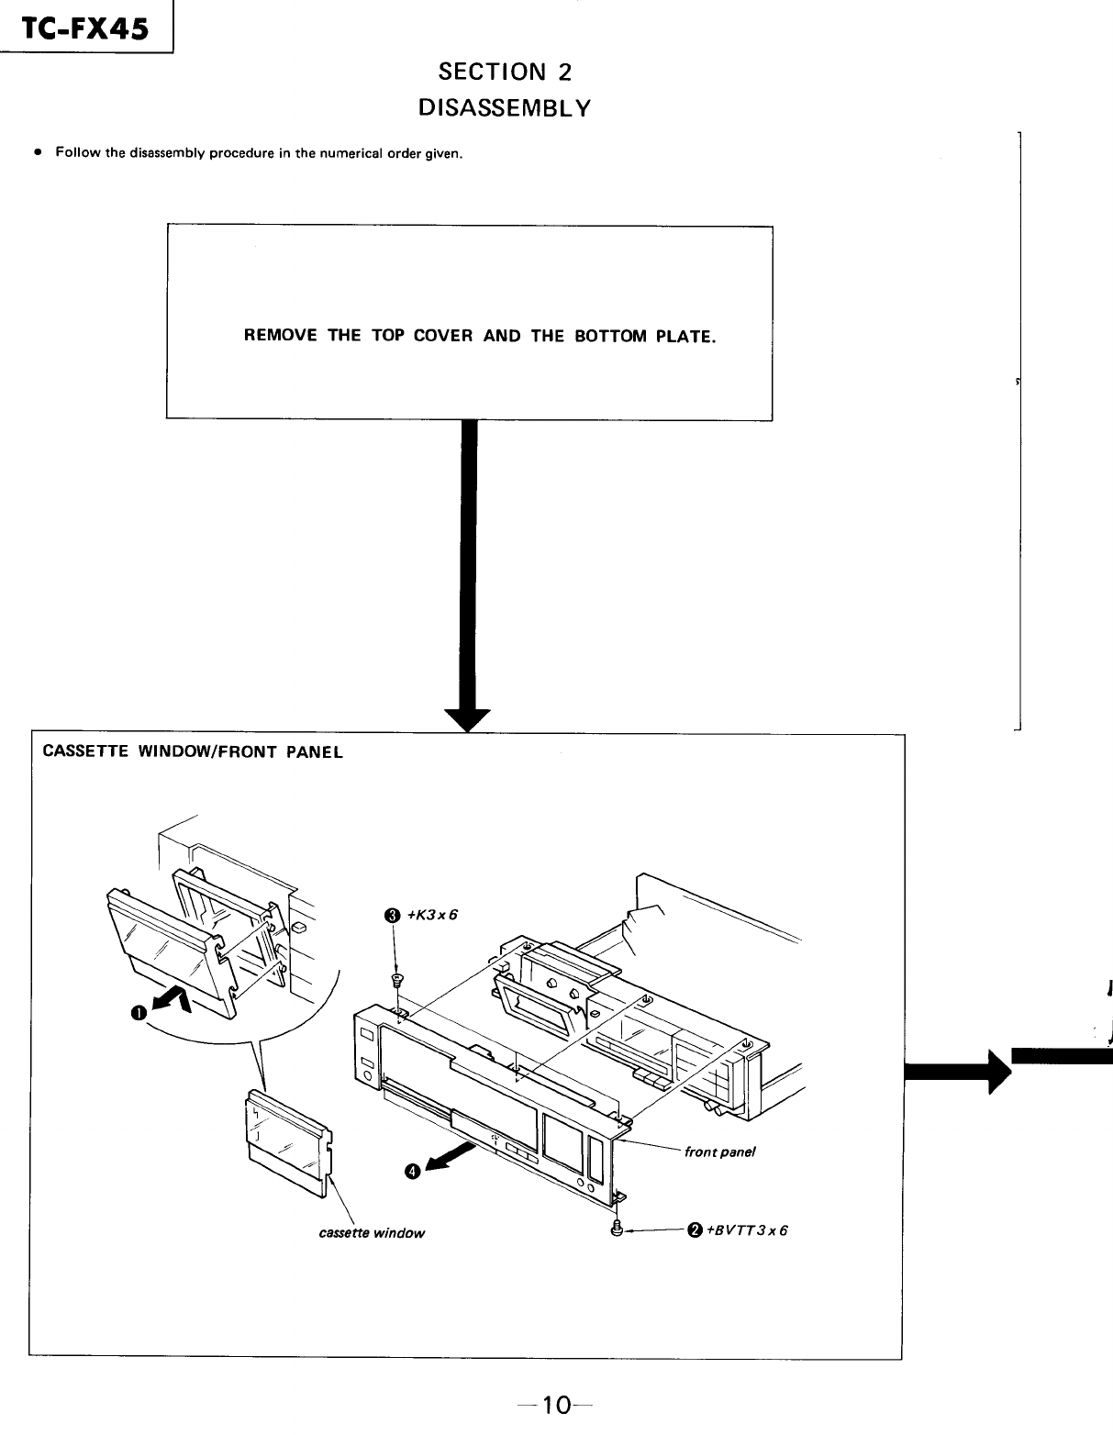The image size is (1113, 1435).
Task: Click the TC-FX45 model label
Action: pos(85,30)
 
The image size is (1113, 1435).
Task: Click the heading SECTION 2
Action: pos(505,72)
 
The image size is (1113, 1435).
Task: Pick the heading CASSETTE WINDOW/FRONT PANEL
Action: pos(193,752)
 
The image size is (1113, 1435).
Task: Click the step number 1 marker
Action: pos(138,1012)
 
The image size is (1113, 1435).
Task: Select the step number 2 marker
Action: pos(695,1230)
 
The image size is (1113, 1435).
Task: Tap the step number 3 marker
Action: pos(393,915)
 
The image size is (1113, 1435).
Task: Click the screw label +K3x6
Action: pos(431,915)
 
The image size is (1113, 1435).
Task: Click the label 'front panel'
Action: pos(719,1152)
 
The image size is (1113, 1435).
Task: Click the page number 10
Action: pos(555,1405)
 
